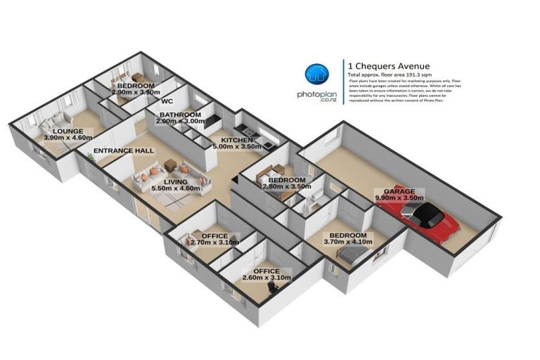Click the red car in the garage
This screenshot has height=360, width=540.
click(x=430, y=222)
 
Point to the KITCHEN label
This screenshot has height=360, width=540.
click(x=231, y=140)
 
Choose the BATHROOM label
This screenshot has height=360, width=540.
click(x=180, y=115)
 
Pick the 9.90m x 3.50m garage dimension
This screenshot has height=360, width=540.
click(x=398, y=198)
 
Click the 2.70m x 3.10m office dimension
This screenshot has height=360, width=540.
click(x=214, y=243)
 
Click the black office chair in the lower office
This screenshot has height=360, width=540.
click(x=271, y=287)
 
